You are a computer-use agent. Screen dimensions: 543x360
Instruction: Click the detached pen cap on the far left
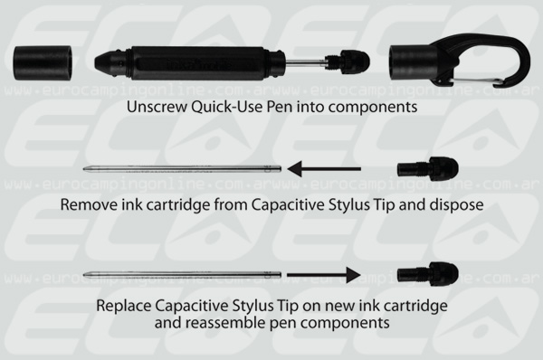coord(43,63)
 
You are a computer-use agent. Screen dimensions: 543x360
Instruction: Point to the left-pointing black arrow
coord(324,169)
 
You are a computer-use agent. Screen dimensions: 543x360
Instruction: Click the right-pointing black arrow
coord(324,275)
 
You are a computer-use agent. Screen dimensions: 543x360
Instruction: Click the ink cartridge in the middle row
coord(182,169)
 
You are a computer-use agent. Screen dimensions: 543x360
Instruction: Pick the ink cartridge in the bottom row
coord(182,275)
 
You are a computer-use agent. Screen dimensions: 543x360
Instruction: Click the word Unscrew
coord(157,107)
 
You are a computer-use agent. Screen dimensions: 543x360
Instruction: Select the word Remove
coord(89,204)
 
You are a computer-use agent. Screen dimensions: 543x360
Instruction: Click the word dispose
coord(456,205)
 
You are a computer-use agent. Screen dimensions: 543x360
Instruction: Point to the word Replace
coord(124,307)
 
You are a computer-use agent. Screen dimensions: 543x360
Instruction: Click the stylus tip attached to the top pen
coord(349,62)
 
